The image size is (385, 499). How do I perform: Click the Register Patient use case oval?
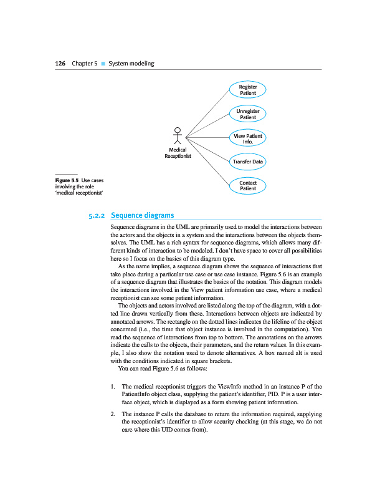pos(248,90)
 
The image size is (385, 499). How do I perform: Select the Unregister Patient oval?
pos(248,114)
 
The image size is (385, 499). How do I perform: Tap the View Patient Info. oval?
pos(248,138)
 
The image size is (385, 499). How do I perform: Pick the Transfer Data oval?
pos(248,162)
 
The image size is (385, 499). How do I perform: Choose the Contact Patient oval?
pos(248,186)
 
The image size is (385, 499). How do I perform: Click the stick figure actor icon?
pos(178,137)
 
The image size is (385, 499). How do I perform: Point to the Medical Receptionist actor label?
pos(178,153)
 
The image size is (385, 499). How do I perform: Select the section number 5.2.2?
pos(99,215)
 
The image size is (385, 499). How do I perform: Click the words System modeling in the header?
pos(131,64)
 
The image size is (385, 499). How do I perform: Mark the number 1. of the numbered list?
pos(112,387)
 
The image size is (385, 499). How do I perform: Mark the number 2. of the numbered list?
pos(112,414)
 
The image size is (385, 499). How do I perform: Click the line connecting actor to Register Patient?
pos(209,112)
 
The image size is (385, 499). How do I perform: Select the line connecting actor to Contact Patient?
pos(209,160)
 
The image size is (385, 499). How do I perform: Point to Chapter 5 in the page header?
pos(85,64)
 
